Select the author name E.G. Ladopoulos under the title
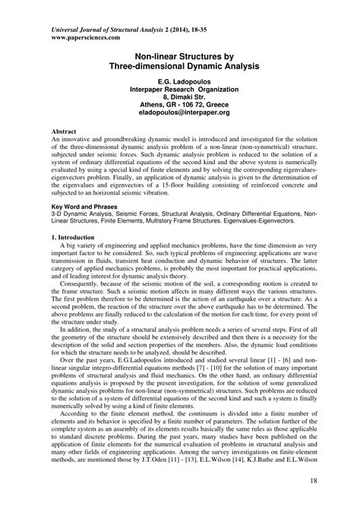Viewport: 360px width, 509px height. click(179, 81)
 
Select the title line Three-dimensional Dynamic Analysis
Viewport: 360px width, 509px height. click(179, 66)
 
